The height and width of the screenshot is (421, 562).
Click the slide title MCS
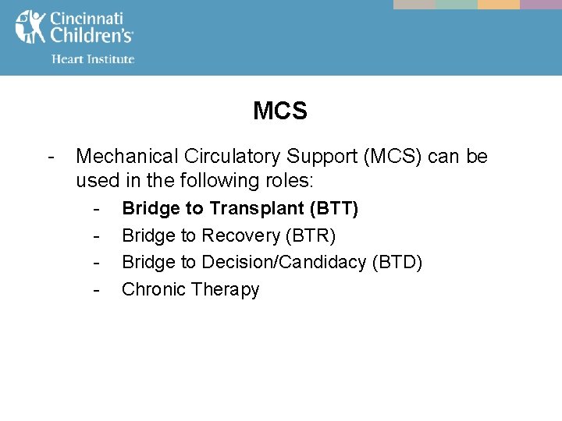click(x=280, y=111)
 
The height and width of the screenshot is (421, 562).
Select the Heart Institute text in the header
click(x=93, y=59)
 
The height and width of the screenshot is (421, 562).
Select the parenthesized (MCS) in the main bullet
click(x=393, y=157)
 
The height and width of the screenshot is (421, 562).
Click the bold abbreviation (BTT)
click(x=334, y=208)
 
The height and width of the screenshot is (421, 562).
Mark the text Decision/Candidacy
click(x=283, y=262)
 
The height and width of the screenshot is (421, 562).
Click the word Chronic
click(x=154, y=289)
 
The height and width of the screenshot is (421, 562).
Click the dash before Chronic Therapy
click(x=96, y=290)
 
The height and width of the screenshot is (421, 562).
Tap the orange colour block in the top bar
click(x=499, y=4)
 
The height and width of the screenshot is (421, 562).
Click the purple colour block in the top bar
click(x=541, y=4)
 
